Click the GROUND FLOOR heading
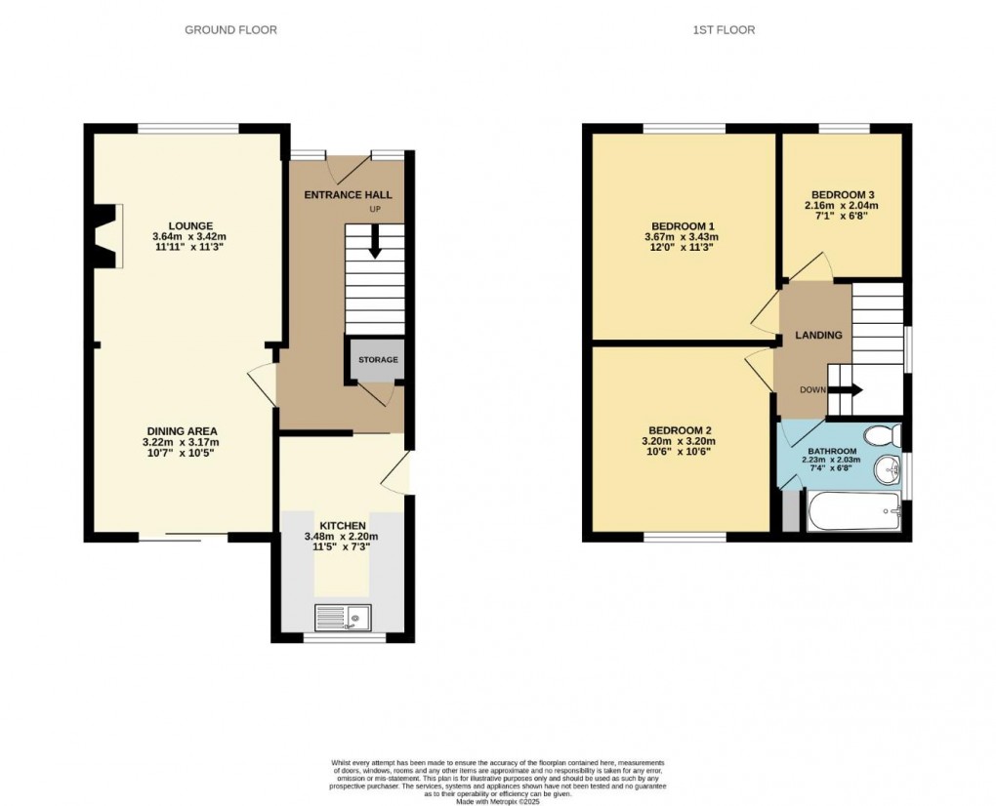[230, 30]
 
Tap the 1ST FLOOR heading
[724, 30]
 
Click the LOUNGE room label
[190, 226]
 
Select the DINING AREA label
[183, 431]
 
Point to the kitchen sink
[343, 617]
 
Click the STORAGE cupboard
[378, 360]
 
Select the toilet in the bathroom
[883, 435]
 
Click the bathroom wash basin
[888, 470]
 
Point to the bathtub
[854, 511]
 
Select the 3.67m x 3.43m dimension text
[682, 237]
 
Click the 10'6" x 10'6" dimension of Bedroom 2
[679, 452]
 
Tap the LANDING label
[819, 335]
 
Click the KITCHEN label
[343, 526]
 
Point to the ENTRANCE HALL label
[348, 195]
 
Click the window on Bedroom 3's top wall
[845, 129]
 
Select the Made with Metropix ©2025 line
[498, 801]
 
